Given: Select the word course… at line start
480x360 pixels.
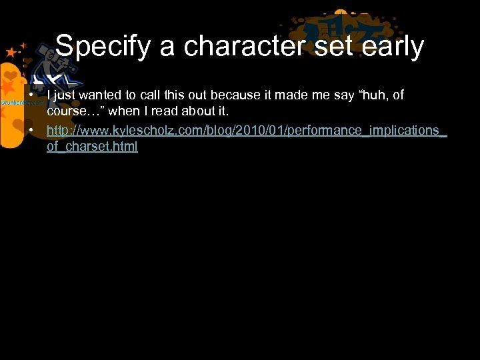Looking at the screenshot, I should (x=72, y=111).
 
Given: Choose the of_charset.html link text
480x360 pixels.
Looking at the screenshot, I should (x=92, y=146).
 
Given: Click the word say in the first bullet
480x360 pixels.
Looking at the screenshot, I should (x=344, y=95).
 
